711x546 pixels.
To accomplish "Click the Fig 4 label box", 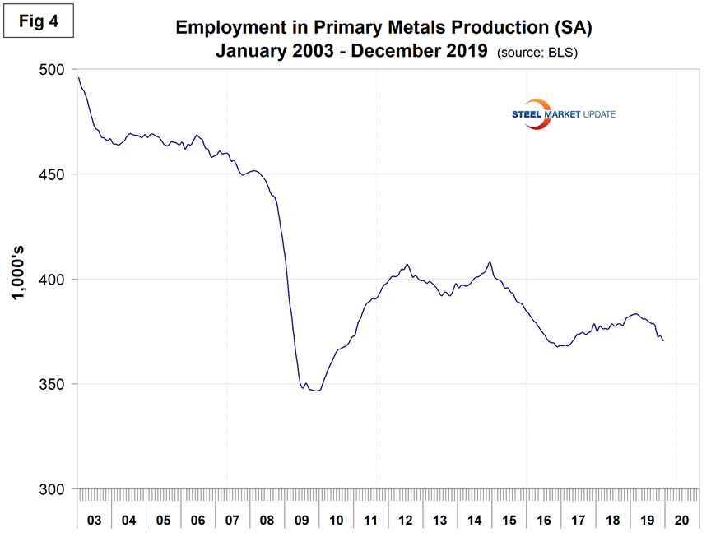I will pyautogui.click(x=38, y=21).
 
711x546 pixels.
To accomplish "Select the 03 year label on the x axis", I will pyautogui.click(x=95, y=521).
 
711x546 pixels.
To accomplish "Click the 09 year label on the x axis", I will pyautogui.click(x=301, y=521).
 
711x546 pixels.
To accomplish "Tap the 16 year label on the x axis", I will pyautogui.click(x=543, y=521).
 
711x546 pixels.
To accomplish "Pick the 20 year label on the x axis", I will pyautogui.click(x=681, y=521).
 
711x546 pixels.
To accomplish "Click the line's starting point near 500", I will pyautogui.click(x=79, y=78).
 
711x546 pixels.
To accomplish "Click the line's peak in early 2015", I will pyautogui.click(x=490, y=262).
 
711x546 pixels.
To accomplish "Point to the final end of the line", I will pyautogui.click(x=663, y=340).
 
